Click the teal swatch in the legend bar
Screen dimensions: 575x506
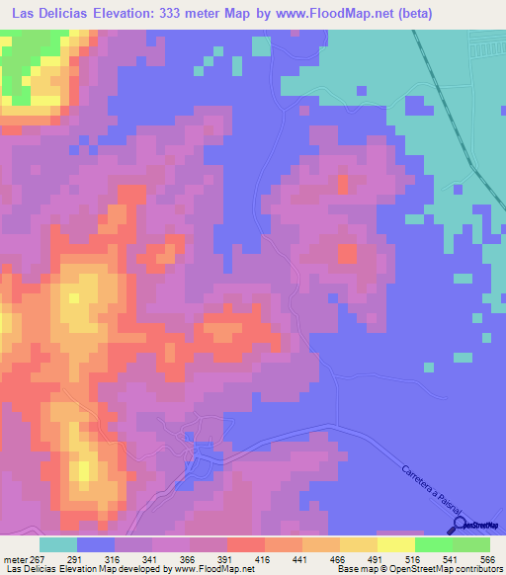point(57,544)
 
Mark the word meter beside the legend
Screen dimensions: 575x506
point(15,559)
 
